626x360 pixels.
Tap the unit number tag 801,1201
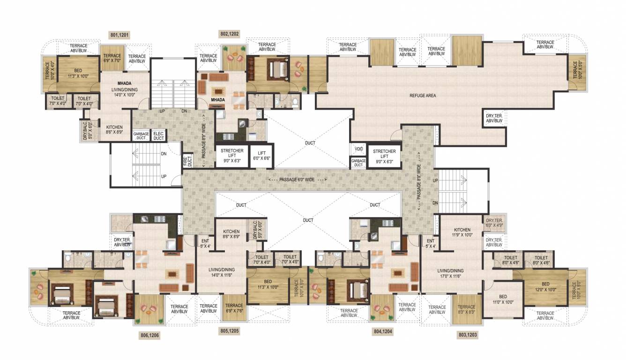119,35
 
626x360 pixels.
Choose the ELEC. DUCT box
158,136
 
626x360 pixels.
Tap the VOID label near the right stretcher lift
359,149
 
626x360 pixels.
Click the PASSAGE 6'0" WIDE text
298,180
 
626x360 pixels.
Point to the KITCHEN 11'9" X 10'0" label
462,232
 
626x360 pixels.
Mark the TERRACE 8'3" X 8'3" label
466,310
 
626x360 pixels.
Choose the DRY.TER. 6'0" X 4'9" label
494,223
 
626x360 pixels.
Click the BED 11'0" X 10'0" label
502,300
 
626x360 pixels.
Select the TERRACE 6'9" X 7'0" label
112,58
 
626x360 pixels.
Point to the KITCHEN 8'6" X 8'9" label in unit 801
114,130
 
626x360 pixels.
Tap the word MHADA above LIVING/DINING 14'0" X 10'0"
124,83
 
